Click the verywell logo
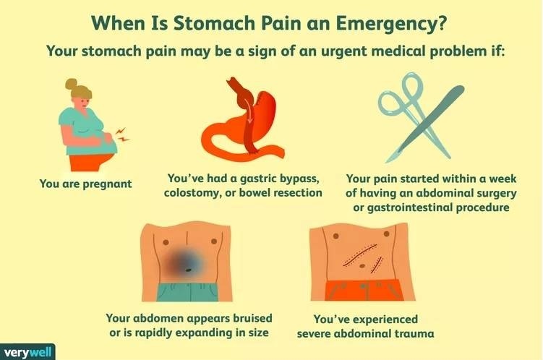[x=27, y=352]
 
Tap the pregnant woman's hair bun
[x=71, y=83]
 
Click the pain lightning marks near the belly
[x=121, y=134]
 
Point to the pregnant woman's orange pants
[x=90, y=162]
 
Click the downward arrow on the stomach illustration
[x=249, y=111]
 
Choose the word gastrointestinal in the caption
[x=409, y=207]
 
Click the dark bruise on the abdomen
[x=183, y=262]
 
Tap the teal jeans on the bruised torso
[x=188, y=292]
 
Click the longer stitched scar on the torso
[x=360, y=254]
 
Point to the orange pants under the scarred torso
[x=364, y=290]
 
